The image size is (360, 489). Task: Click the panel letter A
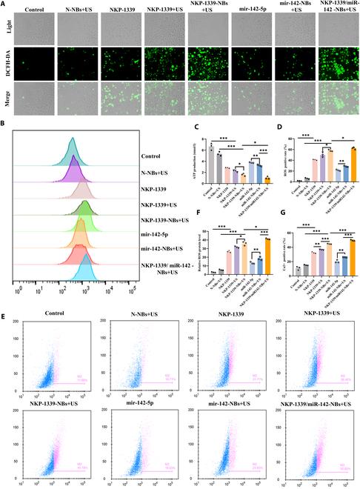[4, 4]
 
